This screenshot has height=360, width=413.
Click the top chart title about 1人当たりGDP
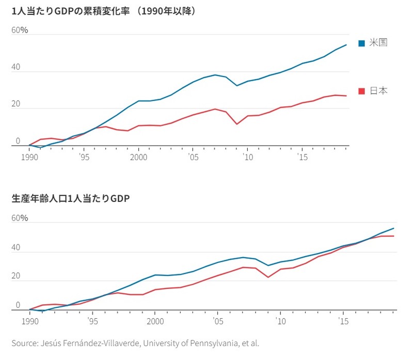coord(103,10)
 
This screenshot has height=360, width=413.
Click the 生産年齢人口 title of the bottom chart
coord(70,198)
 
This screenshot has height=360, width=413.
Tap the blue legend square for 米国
coord(362,43)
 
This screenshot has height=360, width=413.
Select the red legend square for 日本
coord(362,91)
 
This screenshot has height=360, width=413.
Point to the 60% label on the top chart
coord(21,30)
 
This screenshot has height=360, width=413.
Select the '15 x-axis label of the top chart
coord(301,156)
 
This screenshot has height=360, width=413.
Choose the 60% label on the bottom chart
coord(21,218)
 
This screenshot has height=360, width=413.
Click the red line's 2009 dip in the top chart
coord(236,124)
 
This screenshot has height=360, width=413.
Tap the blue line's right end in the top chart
coord(346,45)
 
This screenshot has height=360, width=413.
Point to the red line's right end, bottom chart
coord(394,236)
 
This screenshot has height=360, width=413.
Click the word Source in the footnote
coord(25,343)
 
